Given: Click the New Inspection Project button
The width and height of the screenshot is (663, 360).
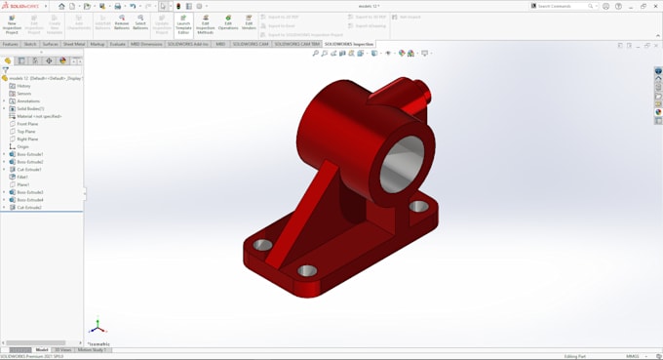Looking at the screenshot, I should [11, 23].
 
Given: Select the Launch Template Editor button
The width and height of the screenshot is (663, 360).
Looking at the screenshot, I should [183, 23].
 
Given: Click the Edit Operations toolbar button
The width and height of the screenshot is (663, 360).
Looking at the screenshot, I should [228, 23].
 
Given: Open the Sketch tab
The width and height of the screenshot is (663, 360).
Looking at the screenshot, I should [30, 44].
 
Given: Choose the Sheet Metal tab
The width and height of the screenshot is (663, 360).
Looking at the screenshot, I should [74, 44].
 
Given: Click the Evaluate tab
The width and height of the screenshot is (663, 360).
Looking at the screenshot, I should [117, 44].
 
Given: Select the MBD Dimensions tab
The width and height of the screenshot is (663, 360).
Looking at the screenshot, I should [145, 44].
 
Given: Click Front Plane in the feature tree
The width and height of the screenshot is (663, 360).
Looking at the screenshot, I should [27, 124].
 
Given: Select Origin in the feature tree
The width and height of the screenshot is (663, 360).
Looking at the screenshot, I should [23, 146].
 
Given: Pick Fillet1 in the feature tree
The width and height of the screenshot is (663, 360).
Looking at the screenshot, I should [23, 177].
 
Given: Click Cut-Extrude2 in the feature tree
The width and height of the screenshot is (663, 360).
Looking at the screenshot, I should [29, 207].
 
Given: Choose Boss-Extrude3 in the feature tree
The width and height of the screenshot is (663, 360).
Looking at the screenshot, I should [29, 192].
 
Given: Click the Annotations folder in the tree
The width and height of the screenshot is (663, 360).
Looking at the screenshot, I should [28, 100].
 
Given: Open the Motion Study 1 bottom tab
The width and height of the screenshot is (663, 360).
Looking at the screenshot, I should [94, 349].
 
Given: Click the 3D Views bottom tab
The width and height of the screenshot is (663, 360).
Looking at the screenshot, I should [63, 349].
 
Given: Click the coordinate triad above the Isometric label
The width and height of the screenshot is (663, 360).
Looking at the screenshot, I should [97, 327].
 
